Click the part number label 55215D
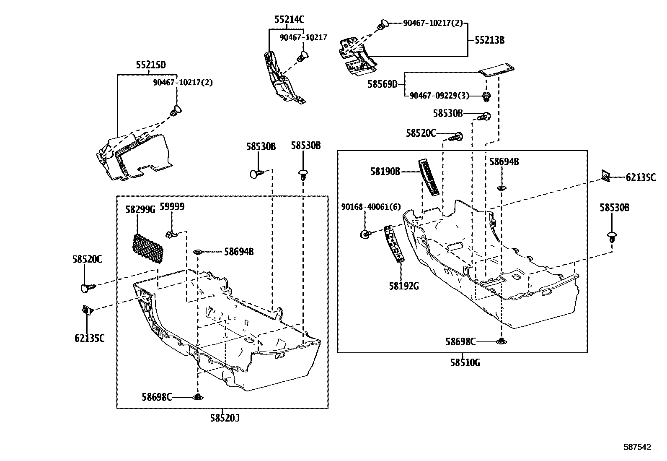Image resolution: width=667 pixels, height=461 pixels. point(150,65)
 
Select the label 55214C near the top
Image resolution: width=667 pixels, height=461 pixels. point(290,19)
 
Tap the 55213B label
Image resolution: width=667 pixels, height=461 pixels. point(489,40)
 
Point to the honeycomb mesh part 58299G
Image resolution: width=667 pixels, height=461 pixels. point(147,249)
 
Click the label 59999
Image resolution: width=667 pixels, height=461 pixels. point(172,207)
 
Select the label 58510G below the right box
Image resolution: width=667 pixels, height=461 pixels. point(465,363)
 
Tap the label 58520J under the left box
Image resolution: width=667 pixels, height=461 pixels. point(225,418)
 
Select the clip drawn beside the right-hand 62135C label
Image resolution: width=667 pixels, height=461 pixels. point(605,176)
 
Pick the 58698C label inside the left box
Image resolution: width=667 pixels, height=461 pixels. point(156,397)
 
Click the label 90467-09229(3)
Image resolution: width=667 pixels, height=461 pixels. point(439,96)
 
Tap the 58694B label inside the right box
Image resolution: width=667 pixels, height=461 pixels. point(504,162)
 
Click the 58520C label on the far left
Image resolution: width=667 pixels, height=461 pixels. point(87,260)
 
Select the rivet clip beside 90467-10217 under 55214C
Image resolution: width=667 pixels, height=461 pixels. point(302,56)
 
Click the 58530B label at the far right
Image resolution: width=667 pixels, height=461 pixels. point(614,208)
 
